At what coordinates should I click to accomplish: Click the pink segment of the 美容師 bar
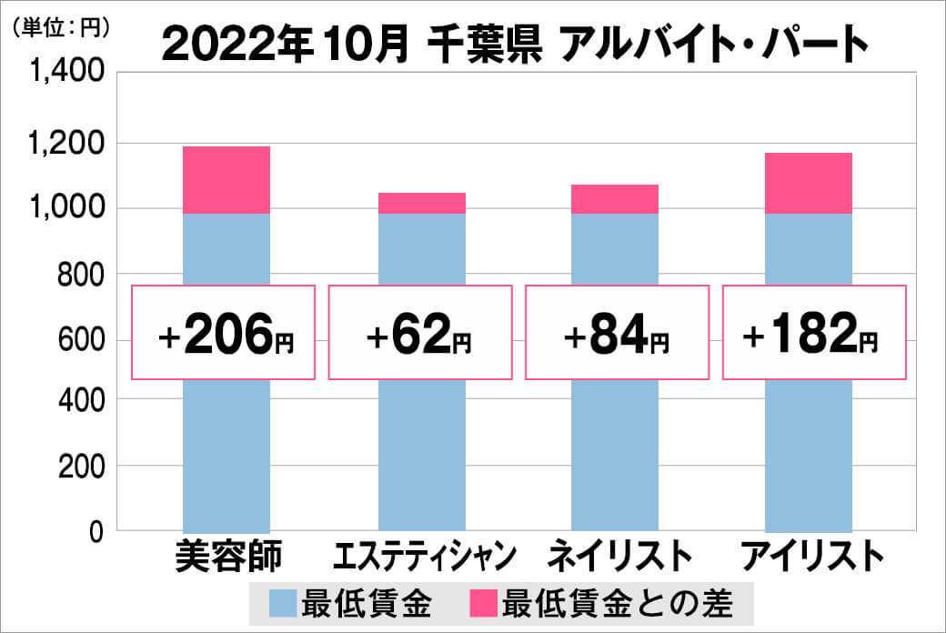(226, 180)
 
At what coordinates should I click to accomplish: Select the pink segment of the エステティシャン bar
(422, 203)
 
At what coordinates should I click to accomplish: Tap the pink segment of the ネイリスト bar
(615, 199)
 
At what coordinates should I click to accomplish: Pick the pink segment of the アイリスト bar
(809, 183)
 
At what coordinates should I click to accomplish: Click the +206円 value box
(225, 333)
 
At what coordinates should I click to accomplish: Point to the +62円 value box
(419, 333)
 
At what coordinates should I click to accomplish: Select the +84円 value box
(616, 333)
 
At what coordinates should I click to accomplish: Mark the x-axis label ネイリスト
(615, 556)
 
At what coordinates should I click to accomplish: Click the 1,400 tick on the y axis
(70, 74)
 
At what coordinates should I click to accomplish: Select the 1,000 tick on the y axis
(70, 208)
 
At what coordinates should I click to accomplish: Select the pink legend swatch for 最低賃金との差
(482, 602)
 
